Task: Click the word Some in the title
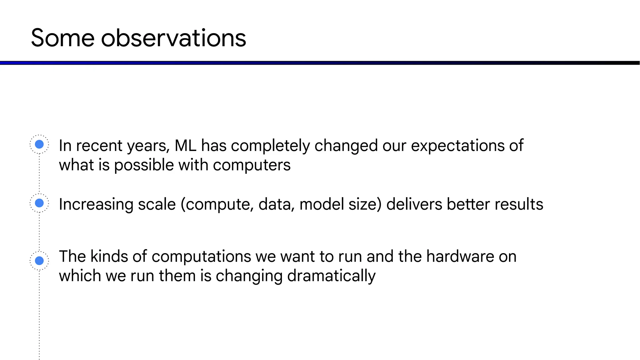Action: (x=62, y=38)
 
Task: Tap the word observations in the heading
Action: (x=173, y=38)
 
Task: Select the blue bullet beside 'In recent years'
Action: (x=39, y=144)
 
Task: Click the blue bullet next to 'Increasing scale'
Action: (x=39, y=203)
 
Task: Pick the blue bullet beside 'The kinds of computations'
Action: (x=39, y=260)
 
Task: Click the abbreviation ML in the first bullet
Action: (x=185, y=146)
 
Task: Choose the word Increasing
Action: (x=96, y=205)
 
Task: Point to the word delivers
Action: (x=414, y=204)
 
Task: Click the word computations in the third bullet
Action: (x=201, y=257)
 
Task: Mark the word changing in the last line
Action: (x=249, y=276)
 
